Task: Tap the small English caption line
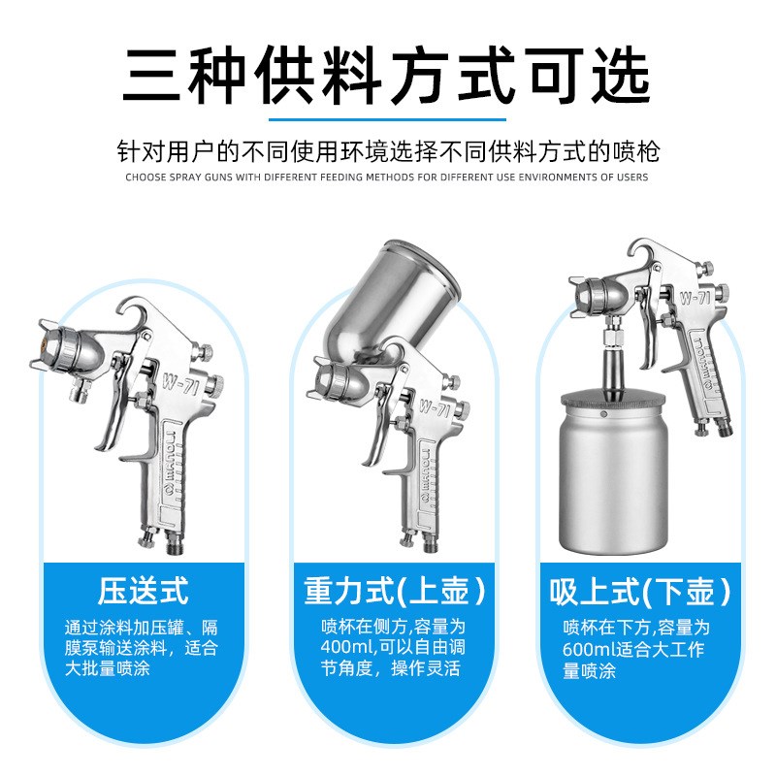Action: pos(388,178)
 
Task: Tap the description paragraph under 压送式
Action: pos(143,648)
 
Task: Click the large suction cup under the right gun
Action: pos(613,485)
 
